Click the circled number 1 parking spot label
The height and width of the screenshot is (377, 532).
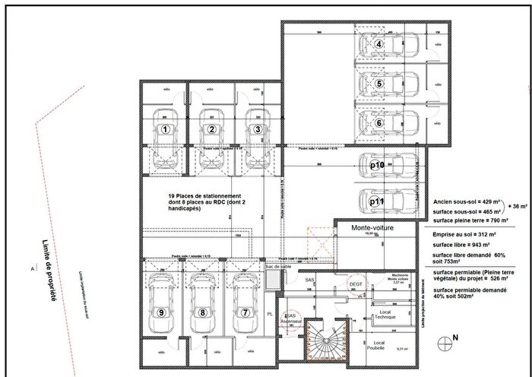click(x=165, y=129)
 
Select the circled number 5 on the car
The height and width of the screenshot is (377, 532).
click(x=378, y=84)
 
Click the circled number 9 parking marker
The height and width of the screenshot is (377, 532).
click(x=161, y=312)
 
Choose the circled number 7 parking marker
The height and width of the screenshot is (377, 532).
click(x=245, y=312)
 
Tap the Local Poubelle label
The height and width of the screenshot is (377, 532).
click(x=380, y=347)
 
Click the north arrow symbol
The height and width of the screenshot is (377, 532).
click(x=446, y=337)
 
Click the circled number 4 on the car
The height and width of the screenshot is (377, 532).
click(x=378, y=44)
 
